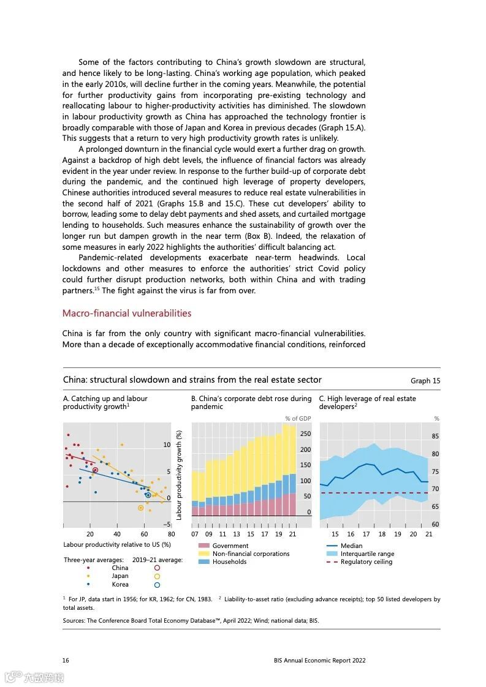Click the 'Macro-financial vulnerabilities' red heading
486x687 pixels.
pos(127,313)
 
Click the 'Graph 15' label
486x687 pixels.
pos(425,381)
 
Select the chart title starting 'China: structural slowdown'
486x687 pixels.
pos(192,380)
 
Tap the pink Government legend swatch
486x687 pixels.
pos(203,546)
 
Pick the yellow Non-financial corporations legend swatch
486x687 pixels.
pos(203,554)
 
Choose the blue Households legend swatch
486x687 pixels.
pos(203,561)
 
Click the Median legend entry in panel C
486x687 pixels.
pos(351,546)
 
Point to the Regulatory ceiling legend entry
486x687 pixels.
pos(366,561)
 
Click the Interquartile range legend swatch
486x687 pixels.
pos(332,554)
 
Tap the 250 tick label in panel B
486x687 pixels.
pos(305,434)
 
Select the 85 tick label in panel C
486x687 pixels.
pos(435,437)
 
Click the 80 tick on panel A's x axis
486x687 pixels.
pos(171,534)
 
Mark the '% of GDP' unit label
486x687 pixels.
pos(298,419)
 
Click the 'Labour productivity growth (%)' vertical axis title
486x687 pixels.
pos(180,475)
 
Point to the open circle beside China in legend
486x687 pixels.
pos(157,568)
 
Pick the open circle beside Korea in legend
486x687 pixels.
pos(157,584)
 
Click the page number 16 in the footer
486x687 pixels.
pos(66,661)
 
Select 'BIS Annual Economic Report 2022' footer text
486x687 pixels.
pos(319,661)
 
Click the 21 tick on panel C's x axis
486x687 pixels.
pos(428,534)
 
